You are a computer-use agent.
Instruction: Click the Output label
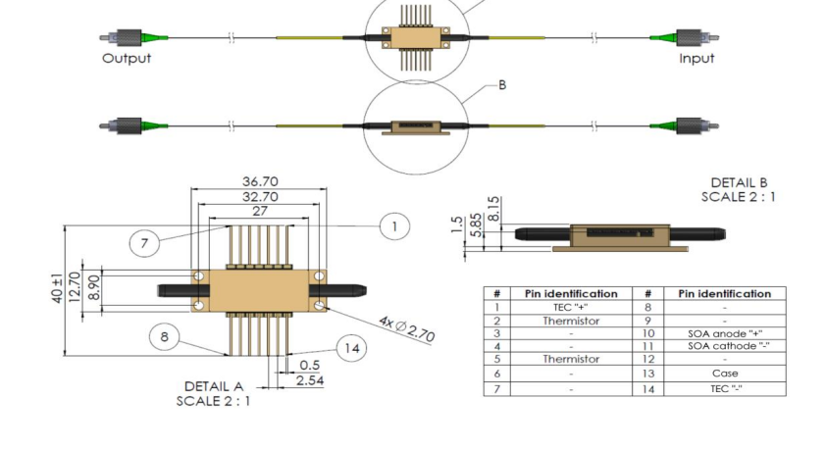128,58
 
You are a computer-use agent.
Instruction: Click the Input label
697,58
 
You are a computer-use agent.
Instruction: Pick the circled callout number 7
144,243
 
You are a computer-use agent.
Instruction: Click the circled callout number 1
393,227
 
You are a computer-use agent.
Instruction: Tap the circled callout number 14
351,348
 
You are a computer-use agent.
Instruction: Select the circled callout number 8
165,338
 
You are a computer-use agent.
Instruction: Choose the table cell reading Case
725,374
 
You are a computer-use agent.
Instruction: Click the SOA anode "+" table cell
725,333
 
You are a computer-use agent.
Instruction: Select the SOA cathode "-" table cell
725,346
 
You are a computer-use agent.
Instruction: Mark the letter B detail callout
502,86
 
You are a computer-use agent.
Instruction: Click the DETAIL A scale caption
214,393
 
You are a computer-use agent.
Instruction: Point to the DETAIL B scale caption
738,189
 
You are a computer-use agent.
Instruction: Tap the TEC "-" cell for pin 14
725,388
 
